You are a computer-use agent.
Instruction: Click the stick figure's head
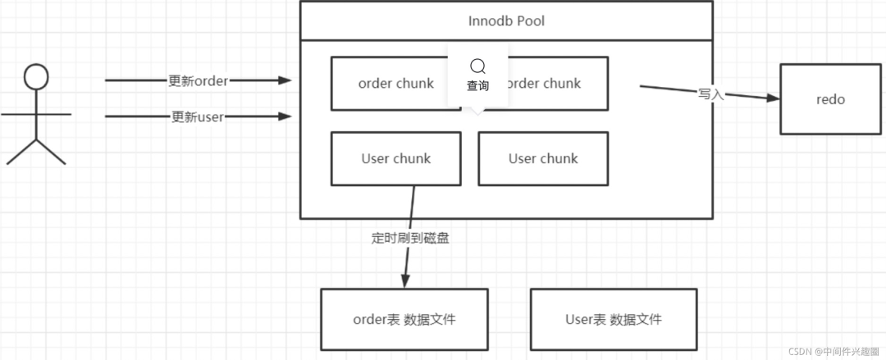pos(35,77)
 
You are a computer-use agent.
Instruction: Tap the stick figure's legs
pos(35,152)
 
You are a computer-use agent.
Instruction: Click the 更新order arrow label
pos(198,80)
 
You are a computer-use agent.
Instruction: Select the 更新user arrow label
pos(197,116)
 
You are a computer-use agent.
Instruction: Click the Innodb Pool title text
pos(506,21)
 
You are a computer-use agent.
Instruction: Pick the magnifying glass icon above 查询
pos(477,66)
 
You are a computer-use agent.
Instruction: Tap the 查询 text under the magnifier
pos(477,85)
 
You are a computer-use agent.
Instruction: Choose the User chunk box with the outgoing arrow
pos(395,158)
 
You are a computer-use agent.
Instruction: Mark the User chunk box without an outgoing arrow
pos(543,158)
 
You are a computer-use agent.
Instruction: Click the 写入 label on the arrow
pos(710,94)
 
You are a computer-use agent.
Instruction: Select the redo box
pos(830,99)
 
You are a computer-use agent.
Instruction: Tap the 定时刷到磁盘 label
pos(410,239)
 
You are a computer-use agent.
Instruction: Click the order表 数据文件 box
pos(404,319)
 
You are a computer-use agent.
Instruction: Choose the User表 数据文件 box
pos(614,319)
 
